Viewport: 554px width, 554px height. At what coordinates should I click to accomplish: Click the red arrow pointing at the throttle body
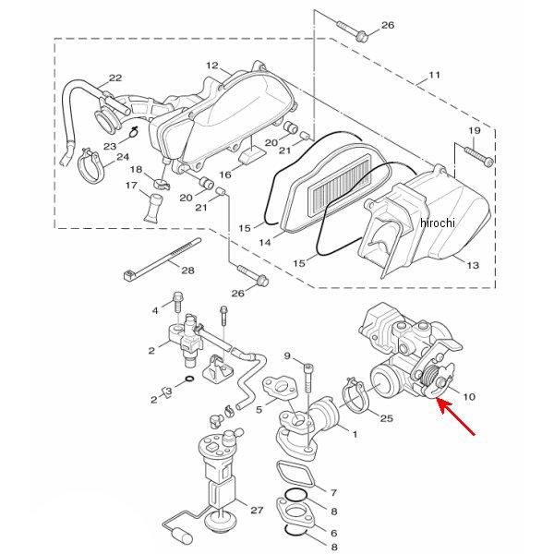point(456,416)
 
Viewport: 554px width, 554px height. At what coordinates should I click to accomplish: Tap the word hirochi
point(438,223)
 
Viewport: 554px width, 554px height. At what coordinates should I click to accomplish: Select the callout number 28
point(187,271)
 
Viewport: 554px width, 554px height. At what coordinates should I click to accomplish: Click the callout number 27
point(257,510)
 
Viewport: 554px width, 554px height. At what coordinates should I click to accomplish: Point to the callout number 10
point(469,396)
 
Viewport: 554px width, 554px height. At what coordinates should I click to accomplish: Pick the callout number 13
point(473,265)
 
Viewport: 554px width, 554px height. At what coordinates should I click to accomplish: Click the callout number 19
point(475,131)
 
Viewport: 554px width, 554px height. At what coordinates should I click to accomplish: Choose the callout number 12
point(212,66)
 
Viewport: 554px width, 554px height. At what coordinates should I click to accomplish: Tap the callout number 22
point(115,78)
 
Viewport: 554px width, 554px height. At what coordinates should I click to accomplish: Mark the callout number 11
point(434,75)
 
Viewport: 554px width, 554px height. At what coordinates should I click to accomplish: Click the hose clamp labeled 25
point(355,397)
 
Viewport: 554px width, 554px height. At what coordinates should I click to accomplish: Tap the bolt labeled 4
point(177,301)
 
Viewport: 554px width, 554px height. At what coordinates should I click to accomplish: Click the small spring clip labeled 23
point(133,131)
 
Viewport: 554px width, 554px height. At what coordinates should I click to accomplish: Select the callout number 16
point(225,175)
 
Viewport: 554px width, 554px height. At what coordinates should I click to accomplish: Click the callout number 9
point(287,355)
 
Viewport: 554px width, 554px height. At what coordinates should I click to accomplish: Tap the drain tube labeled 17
point(153,208)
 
